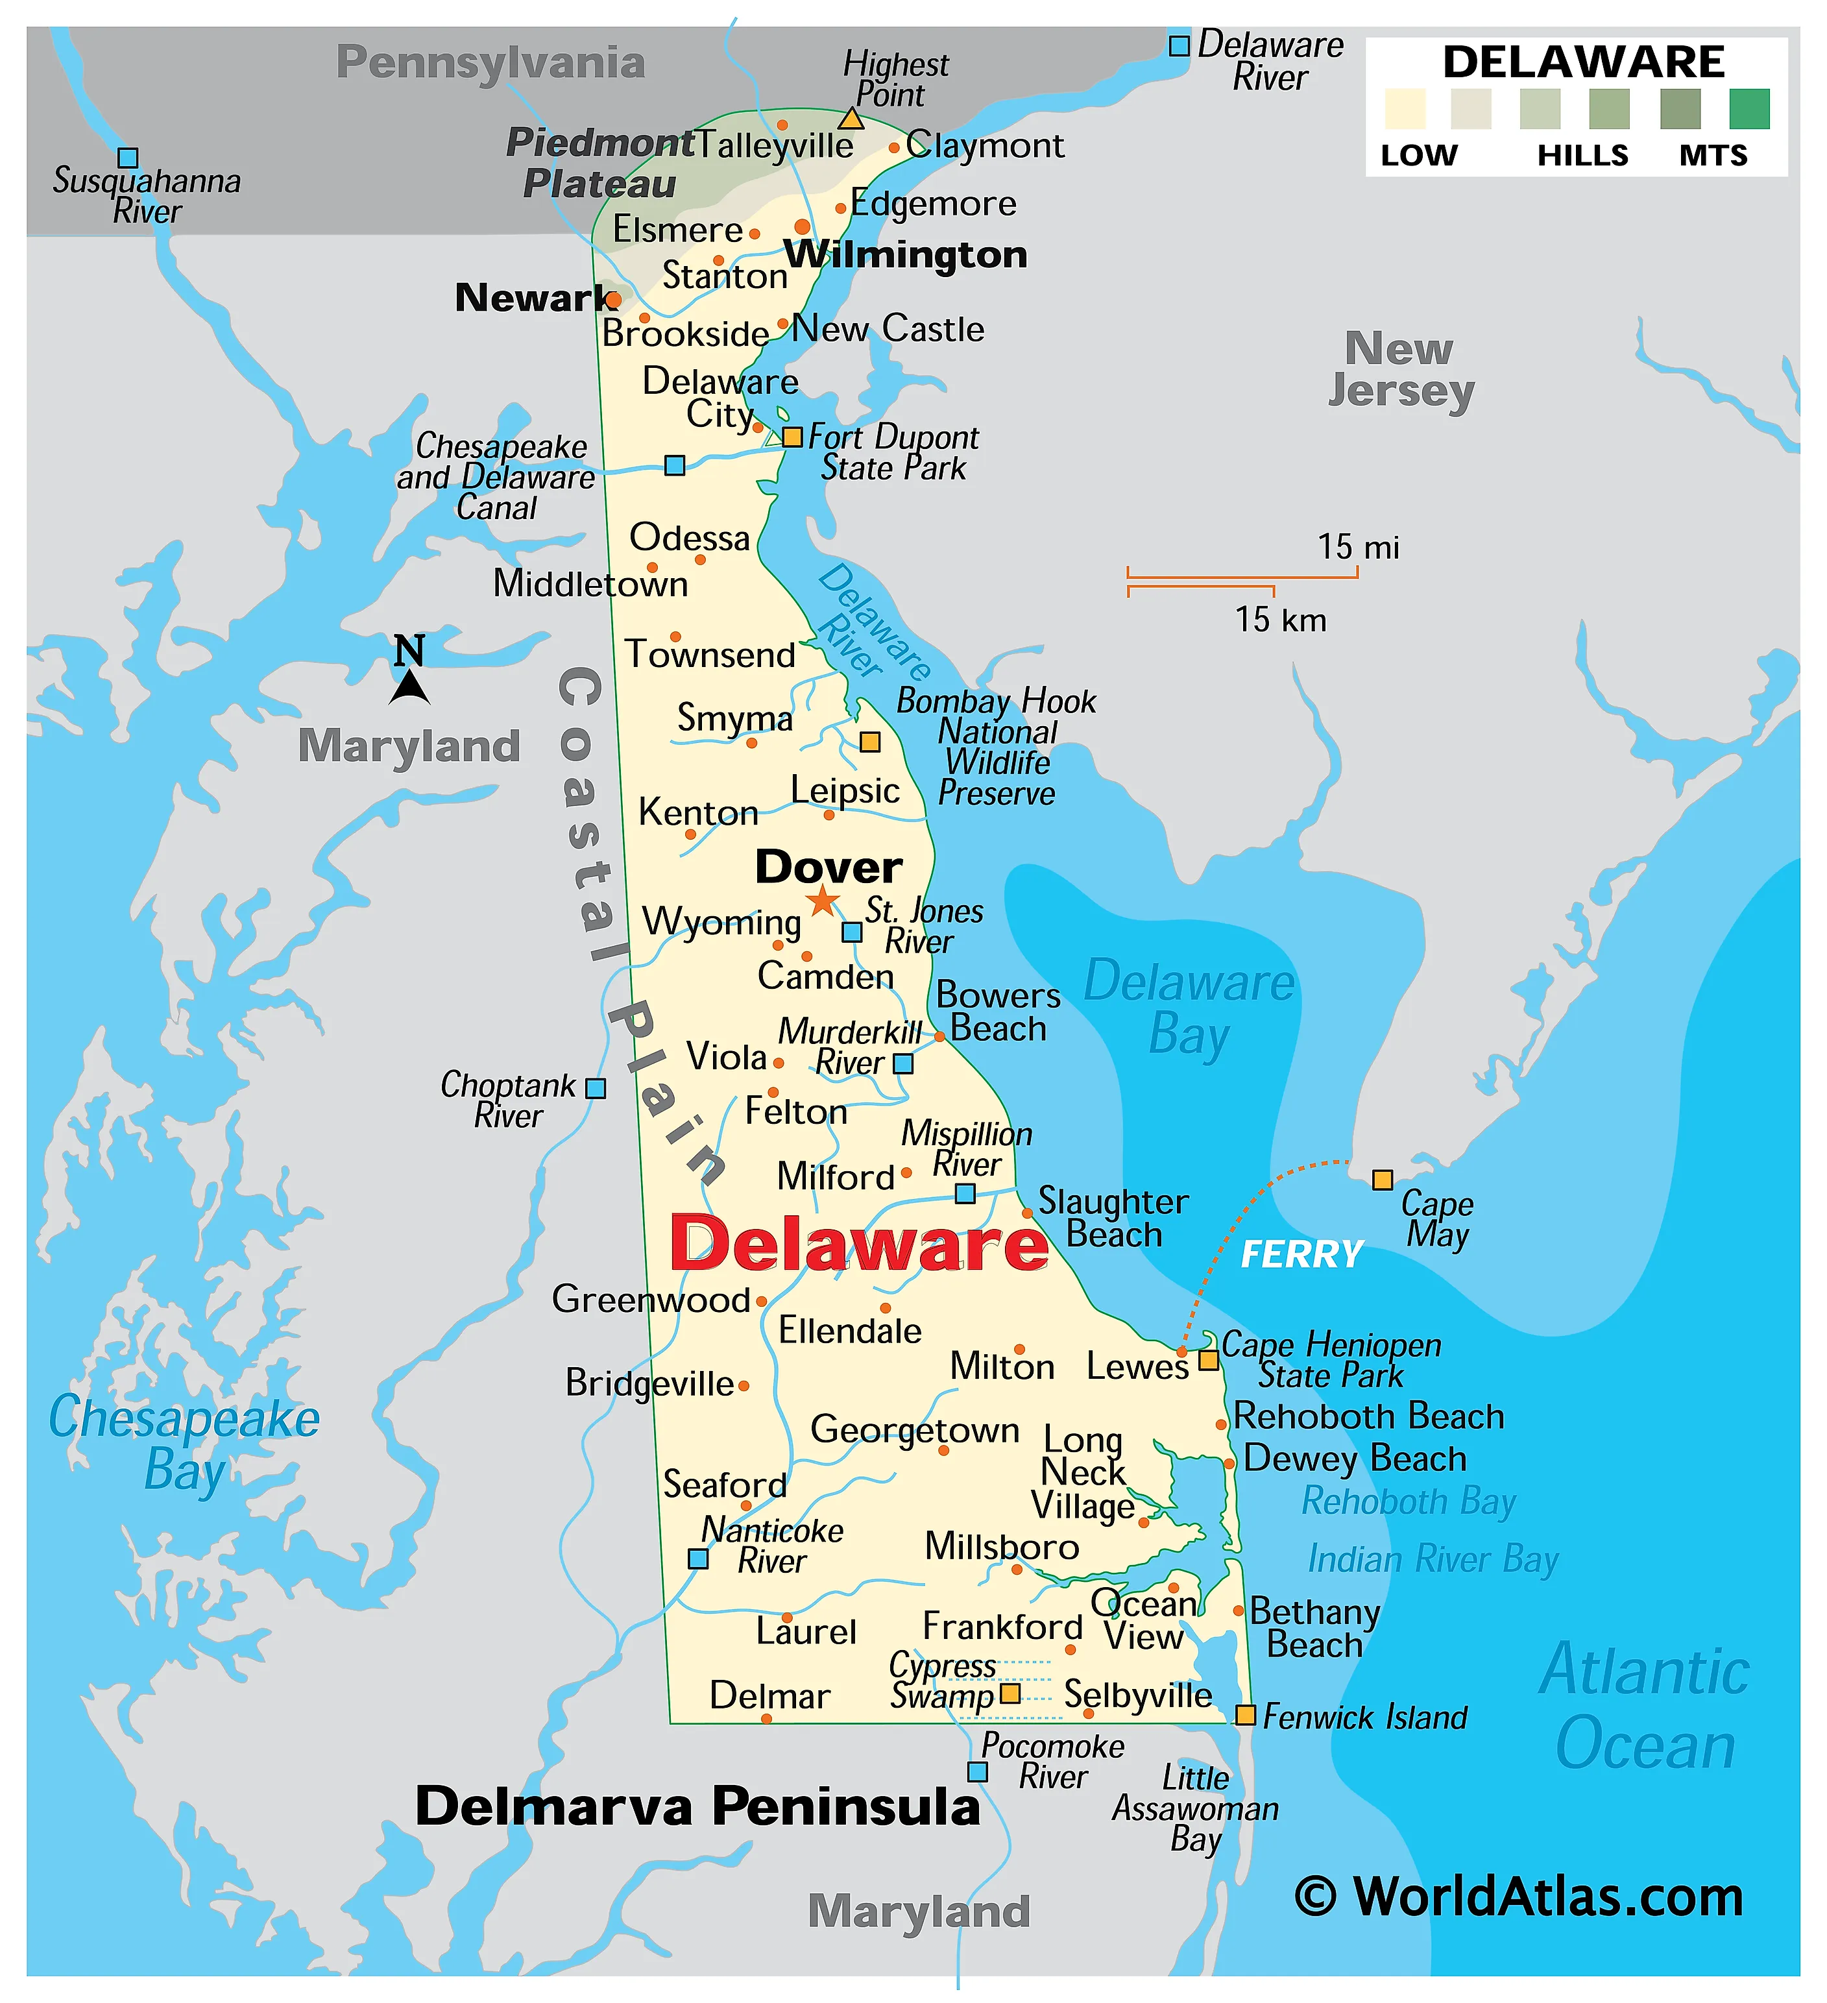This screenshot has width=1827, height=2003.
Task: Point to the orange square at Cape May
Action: point(1382,1180)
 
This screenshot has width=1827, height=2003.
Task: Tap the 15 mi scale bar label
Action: point(1357,548)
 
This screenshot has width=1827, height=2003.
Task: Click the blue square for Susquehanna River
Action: point(127,157)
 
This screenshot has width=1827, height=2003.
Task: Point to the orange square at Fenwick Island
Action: point(1245,1715)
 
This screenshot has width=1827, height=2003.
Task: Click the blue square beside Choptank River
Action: point(595,1088)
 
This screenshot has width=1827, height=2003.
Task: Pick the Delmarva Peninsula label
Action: point(697,1807)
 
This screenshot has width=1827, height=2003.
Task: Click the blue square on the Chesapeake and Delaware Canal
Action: point(675,465)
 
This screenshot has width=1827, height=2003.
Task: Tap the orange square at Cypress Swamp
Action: point(1010,1693)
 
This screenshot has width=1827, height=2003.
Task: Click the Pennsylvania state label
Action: point(490,62)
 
